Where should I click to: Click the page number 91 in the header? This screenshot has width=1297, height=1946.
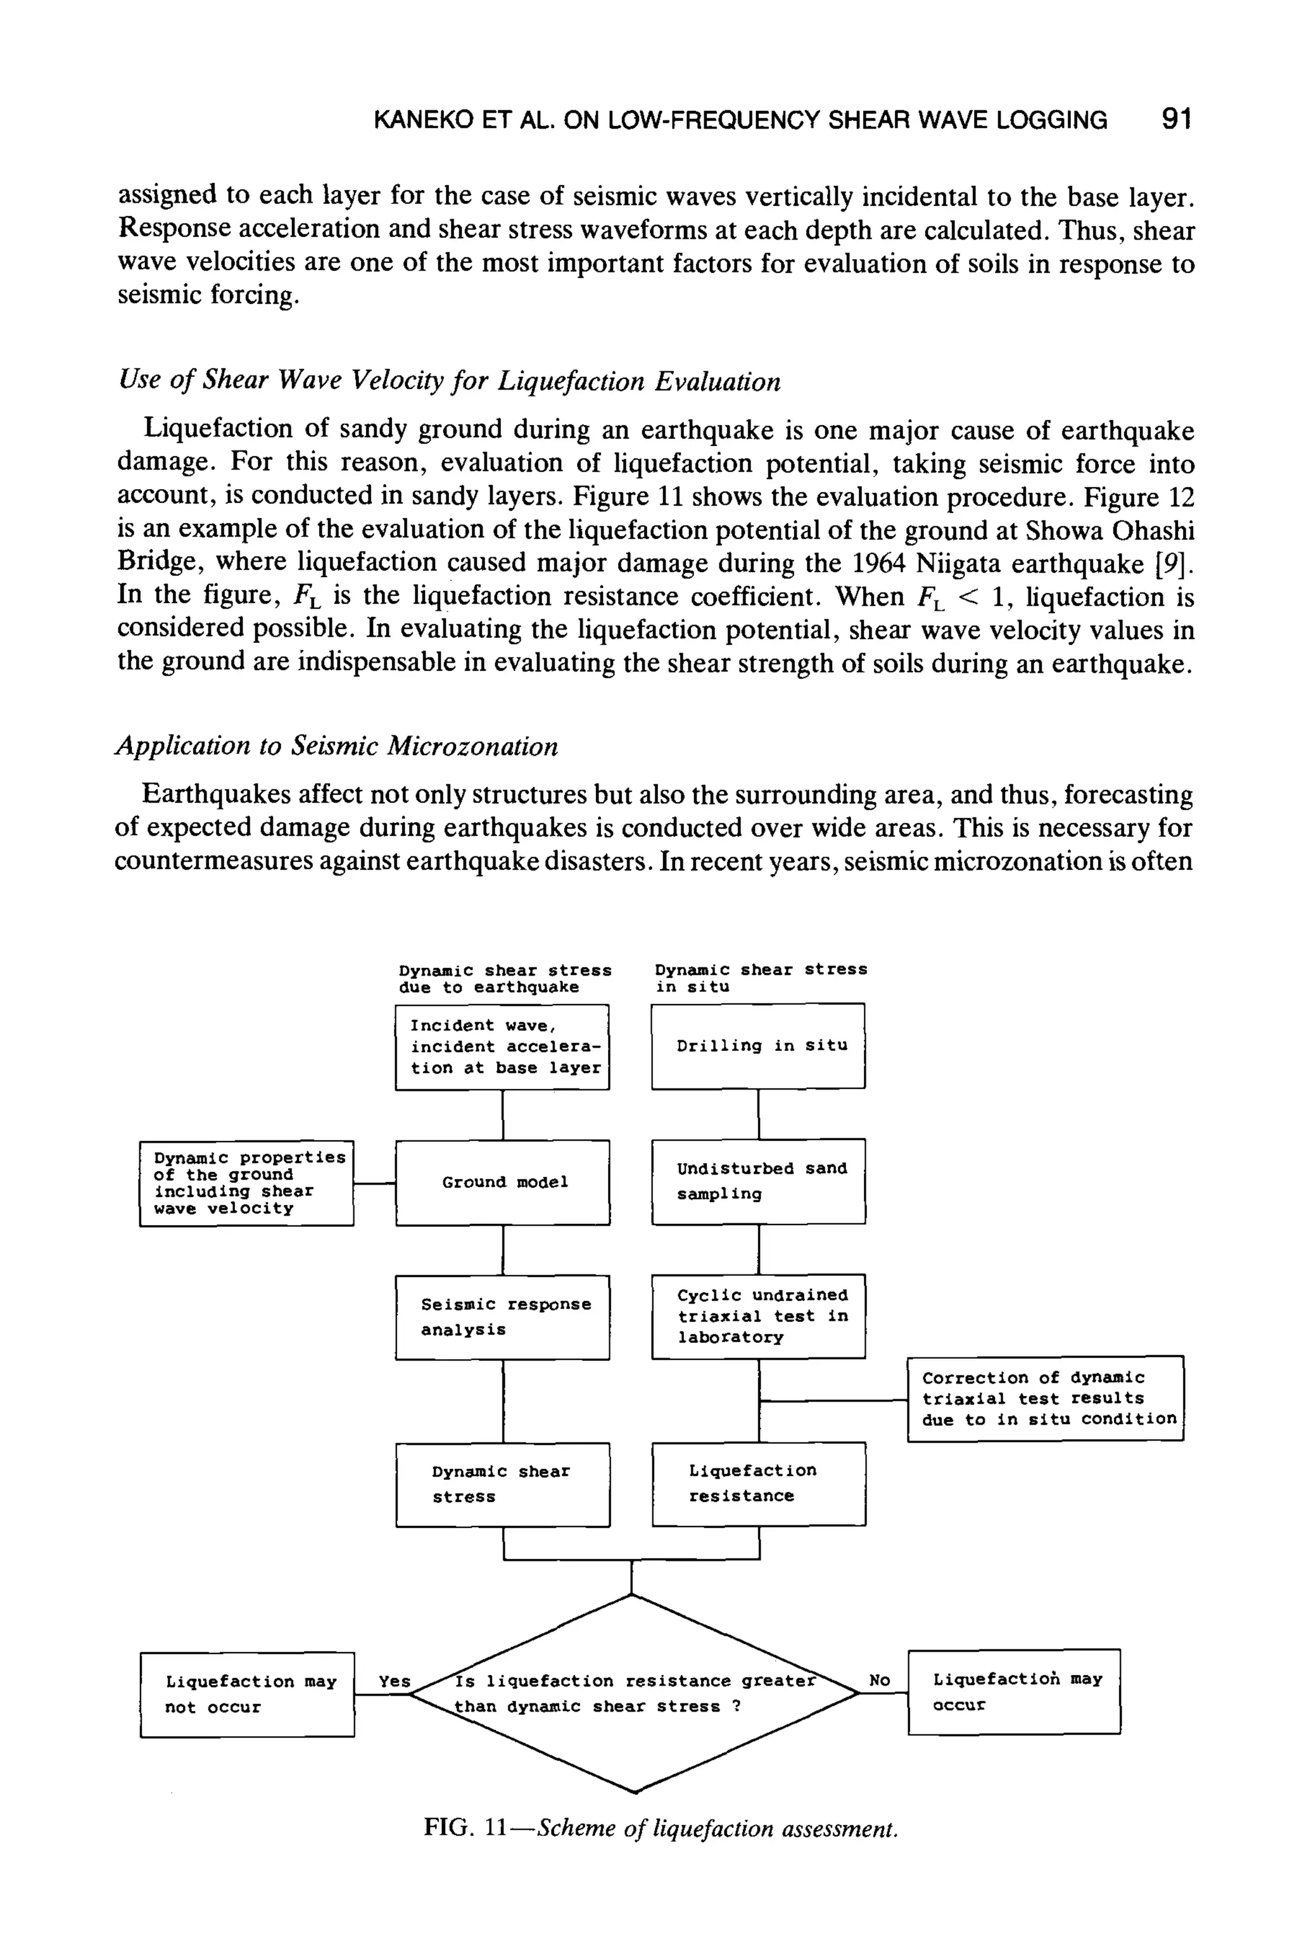pyautogui.click(x=1175, y=119)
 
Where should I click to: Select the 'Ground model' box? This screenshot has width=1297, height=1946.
pyautogui.click(x=503, y=1182)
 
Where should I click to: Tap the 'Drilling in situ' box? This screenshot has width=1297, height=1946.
pyautogui.click(x=757, y=1046)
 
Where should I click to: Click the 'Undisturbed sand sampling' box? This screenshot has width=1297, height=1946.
pyautogui.click(x=757, y=1181)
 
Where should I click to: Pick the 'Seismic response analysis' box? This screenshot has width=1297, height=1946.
pyautogui.click(x=502, y=1317)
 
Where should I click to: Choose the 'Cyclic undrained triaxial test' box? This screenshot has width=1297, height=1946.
pyautogui.click(x=757, y=1316)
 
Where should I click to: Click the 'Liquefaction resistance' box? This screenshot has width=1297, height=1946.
pyautogui.click(x=757, y=1484)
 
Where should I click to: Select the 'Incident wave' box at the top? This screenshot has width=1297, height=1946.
pyautogui.click(x=502, y=1046)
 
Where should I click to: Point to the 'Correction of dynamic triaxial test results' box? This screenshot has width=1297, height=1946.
pyautogui.click(x=1045, y=1398)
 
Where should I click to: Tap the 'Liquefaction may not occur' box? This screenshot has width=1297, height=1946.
pyautogui.click(x=248, y=1695)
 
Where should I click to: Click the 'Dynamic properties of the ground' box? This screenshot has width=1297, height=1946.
pyautogui.click(x=246, y=1183)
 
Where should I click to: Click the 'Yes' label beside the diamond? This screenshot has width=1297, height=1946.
pyautogui.click(x=395, y=1681)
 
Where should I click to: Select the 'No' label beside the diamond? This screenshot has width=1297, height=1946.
pyautogui.click(x=879, y=1681)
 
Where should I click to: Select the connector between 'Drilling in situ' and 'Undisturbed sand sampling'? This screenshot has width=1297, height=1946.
pyautogui.click(x=759, y=1114)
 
